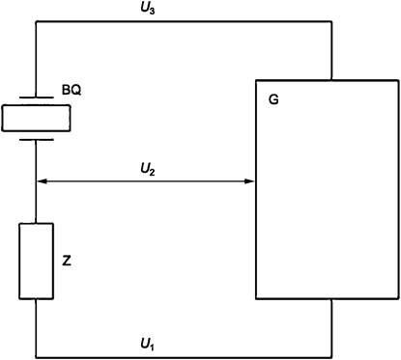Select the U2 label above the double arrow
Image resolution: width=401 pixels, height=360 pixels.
[146, 169]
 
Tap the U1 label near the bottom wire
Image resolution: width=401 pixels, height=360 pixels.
[146, 343]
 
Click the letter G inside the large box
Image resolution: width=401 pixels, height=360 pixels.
[273, 99]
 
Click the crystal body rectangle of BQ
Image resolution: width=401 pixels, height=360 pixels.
[37, 118]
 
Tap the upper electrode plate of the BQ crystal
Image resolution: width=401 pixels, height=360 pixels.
[37, 97]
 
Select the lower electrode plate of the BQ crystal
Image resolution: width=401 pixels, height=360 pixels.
[37, 138]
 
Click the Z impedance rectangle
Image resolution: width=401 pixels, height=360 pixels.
[37, 261]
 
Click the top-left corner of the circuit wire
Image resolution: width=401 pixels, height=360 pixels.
[37, 22]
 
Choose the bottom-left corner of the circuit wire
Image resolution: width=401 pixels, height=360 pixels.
[37, 352]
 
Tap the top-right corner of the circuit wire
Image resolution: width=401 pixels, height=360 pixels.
[331, 22]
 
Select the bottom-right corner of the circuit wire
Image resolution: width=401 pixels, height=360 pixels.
[331, 352]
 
